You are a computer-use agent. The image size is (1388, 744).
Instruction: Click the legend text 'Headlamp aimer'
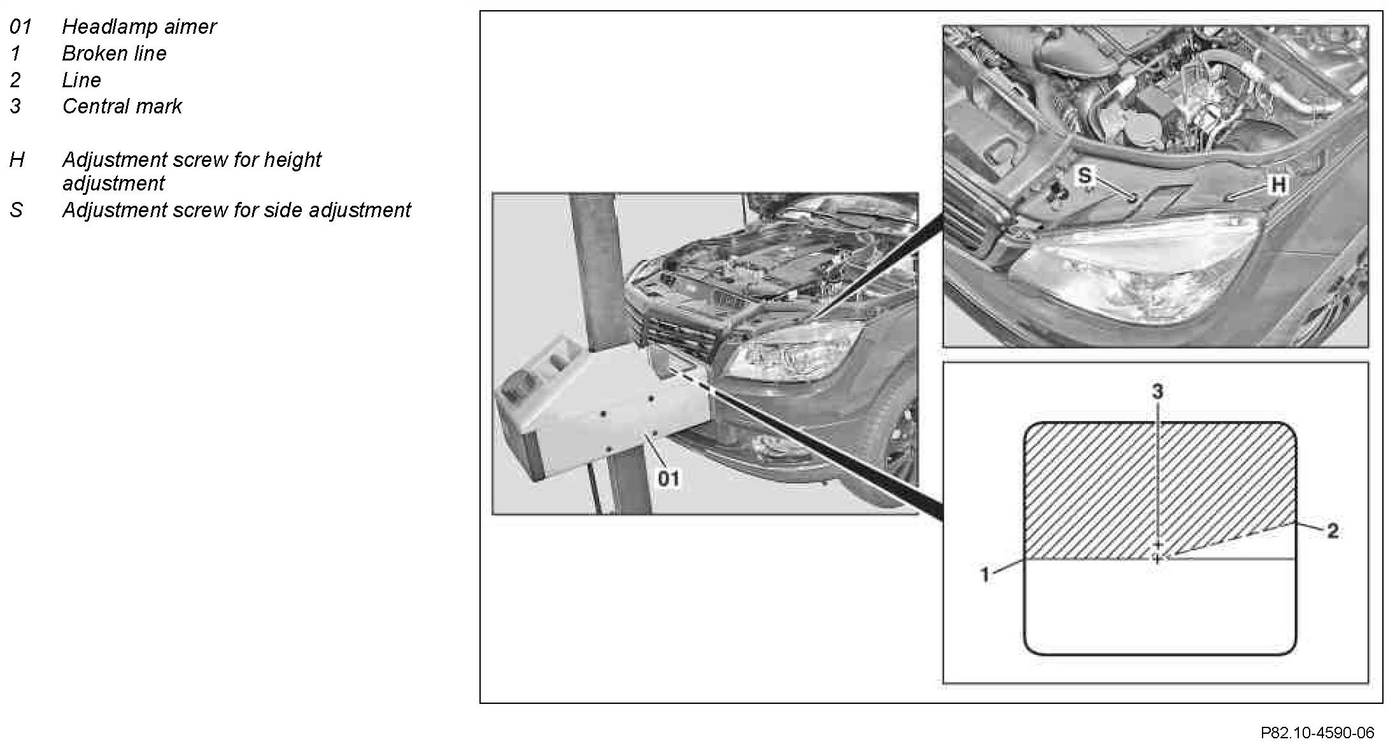click(x=139, y=27)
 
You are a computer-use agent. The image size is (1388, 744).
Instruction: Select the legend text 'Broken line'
click(x=114, y=54)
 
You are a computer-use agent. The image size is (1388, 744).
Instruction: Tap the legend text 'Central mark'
click(x=122, y=106)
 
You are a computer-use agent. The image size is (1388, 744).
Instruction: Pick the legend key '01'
click(x=20, y=27)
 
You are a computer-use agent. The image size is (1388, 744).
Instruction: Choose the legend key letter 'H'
click(x=17, y=160)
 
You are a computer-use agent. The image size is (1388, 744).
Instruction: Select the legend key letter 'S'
click(x=17, y=210)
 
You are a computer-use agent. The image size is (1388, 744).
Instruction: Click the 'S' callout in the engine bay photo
click(x=1084, y=175)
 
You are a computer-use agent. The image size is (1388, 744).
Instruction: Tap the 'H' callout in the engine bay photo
click(x=1278, y=185)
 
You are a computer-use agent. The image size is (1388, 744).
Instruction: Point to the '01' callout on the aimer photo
click(x=669, y=478)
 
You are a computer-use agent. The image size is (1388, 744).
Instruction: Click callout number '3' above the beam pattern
click(x=1158, y=392)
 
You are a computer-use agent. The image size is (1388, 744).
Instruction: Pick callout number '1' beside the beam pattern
click(x=984, y=575)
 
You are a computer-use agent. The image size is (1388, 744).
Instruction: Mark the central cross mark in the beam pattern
click(x=1158, y=559)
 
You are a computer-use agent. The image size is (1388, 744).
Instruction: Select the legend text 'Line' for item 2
click(x=81, y=80)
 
